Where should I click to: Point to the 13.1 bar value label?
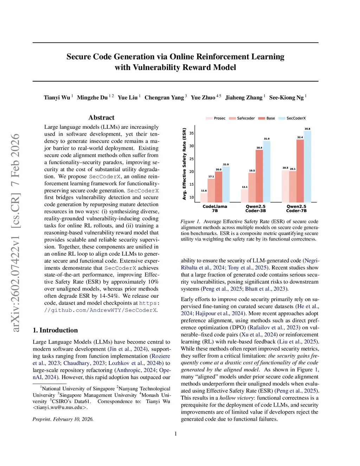(x=245, y=187)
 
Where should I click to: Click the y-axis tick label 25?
(x=192, y=159)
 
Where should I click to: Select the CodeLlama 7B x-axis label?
(x=215, y=209)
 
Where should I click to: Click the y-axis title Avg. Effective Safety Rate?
(x=184, y=164)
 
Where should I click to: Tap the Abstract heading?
(x=101, y=117)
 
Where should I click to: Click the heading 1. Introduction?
(x=55, y=330)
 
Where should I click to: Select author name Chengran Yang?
(x=164, y=97)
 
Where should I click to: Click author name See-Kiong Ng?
(x=286, y=97)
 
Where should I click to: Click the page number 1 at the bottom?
(x=176, y=434)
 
